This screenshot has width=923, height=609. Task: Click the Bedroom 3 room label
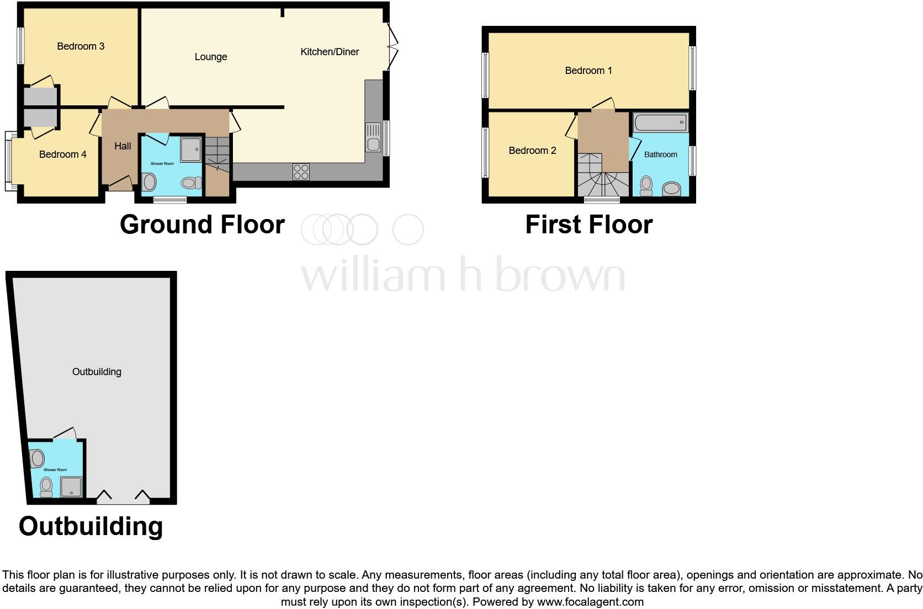tap(81, 46)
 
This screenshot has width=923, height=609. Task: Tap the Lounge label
tap(211, 57)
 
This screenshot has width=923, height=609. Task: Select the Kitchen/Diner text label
tap(330, 52)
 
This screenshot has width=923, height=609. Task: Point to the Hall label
tap(123, 146)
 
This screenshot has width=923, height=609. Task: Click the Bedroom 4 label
tap(63, 154)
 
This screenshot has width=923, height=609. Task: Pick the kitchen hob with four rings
tap(301, 172)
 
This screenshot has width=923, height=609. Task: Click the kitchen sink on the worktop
tap(373, 137)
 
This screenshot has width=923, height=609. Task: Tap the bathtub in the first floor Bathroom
tap(660, 122)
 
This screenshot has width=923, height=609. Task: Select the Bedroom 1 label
tap(588, 71)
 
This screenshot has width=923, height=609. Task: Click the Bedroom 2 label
tap(532, 151)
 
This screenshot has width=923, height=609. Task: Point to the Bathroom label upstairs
tap(660, 155)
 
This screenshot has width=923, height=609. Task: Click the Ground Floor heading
tap(202, 225)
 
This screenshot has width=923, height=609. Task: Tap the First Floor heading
tap(588, 225)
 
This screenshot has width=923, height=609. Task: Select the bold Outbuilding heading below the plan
tap(91, 526)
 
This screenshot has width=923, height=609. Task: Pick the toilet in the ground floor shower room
tap(190, 183)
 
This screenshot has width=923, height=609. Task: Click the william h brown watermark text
tap(463, 274)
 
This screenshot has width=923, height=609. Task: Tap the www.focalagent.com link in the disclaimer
tap(590, 602)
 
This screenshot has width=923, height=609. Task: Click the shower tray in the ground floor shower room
tap(190, 149)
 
